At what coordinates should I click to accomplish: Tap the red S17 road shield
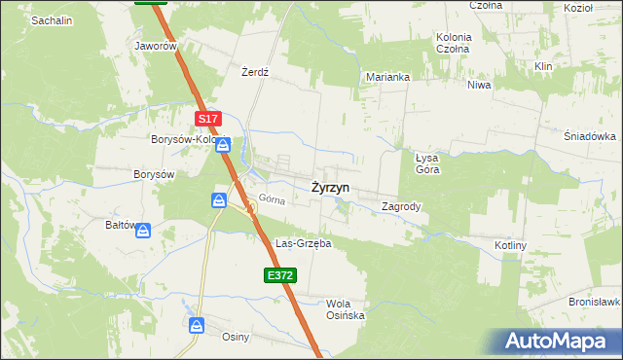208,119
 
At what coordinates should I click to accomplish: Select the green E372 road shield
279,276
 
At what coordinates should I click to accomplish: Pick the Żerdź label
255,72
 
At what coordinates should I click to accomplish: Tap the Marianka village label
387,77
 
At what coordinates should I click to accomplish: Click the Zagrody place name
401,206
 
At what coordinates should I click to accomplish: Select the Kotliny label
511,246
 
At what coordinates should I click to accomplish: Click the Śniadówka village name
590,136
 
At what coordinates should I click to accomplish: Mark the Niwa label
479,85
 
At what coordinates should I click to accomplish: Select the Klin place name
543,66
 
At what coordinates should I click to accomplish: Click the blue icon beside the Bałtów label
143,231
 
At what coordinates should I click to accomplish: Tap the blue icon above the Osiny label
197,325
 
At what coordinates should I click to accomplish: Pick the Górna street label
272,200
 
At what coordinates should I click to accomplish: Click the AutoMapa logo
559,342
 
